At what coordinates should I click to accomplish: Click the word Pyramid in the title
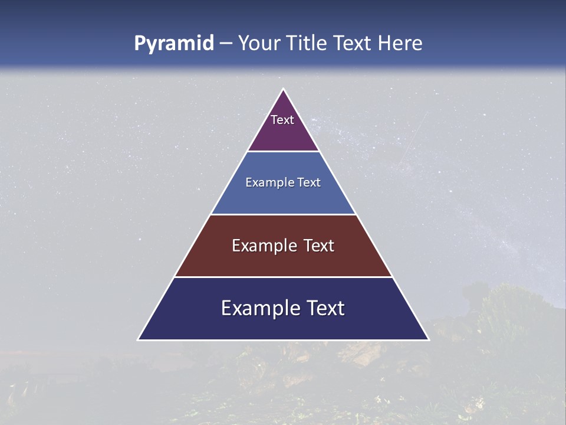(173, 44)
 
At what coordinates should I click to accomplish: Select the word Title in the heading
(305, 44)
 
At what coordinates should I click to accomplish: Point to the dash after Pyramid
(225, 44)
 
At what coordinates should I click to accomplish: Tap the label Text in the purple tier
(282, 120)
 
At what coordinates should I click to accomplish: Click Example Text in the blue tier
(283, 182)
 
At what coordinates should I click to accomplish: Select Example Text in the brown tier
(283, 246)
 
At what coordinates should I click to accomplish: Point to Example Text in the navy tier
(283, 308)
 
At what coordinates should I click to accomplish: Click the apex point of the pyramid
(283, 90)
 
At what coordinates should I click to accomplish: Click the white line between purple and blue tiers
(283, 152)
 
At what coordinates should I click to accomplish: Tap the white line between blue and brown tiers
(283, 214)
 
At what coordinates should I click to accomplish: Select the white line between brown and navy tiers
(283, 277)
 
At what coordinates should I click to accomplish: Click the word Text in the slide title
(353, 44)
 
